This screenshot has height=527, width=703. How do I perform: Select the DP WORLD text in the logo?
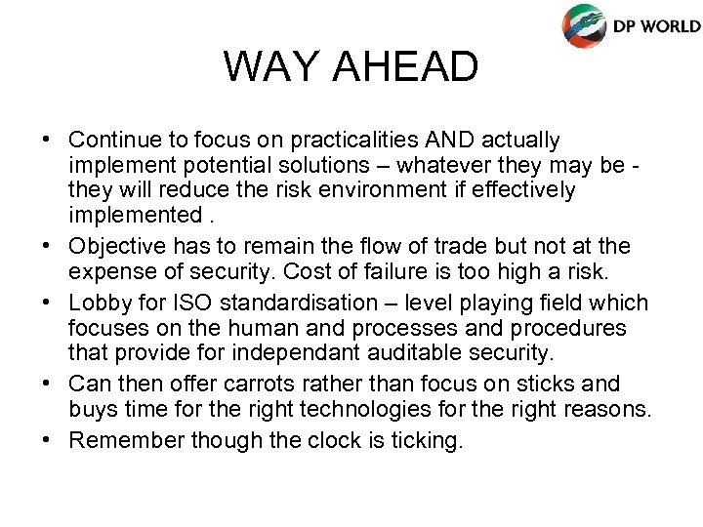tap(656, 25)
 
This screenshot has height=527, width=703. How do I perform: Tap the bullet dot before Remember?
tap(47, 441)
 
